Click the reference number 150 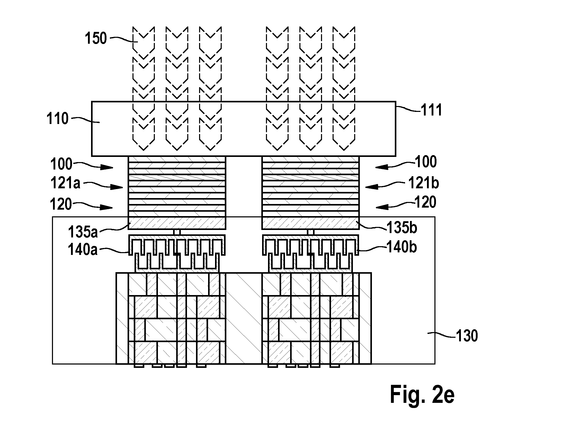[x=96, y=39]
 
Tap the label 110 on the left [x=57, y=119]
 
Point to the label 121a [x=65, y=183]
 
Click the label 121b [x=424, y=183]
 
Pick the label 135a [x=83, y=232]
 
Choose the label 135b [x=402, y=228]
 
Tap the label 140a [x=83, y=250]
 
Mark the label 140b [x=402, y=247]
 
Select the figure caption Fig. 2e [x=422, y=394]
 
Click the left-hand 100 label [x=61, y=164]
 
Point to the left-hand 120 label [x=61, y=204]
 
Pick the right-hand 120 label [x=425, y=202]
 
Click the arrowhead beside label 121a [x=117, y=187]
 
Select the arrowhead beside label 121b [x=372, y=187]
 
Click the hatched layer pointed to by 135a [x=177, y=223]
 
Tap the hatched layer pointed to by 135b [x=311, y=223]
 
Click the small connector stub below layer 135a [x=177, y=232]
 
